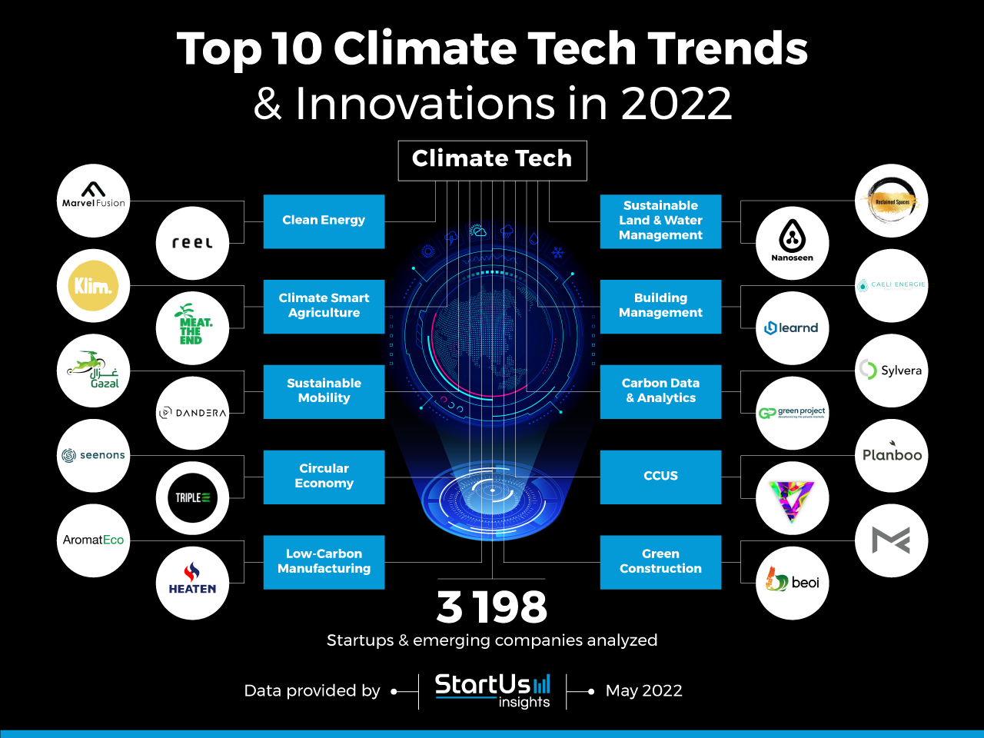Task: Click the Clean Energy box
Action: (324, 221)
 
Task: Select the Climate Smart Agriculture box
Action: (324, 306)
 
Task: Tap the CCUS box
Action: (660, 477)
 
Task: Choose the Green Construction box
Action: (660, 562)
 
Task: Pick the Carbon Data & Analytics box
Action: (660, 391)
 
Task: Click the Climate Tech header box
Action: (492, 160)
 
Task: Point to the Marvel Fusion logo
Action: (94, 201)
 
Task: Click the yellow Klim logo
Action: (94, 286)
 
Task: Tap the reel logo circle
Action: (192, 243)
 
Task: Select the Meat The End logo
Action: (192, 328)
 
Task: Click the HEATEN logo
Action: (192, 583)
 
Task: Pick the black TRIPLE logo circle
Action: (192, 497)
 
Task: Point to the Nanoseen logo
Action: (792, 243)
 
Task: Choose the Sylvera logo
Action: (892, 371)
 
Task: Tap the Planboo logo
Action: (892, 455)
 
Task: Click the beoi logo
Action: (792, 583)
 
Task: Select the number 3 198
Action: (492, 607)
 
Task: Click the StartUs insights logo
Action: (493, 690)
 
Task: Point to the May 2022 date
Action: (643, 691)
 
